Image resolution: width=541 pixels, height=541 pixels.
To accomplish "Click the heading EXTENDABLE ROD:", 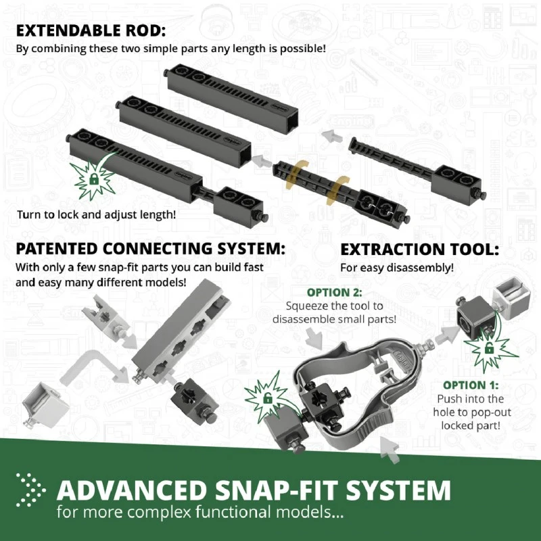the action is click(91, 30).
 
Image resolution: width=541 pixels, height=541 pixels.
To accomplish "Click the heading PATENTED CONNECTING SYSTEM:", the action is click(150, 249).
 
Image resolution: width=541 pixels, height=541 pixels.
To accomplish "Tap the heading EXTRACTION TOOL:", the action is click(419, 250).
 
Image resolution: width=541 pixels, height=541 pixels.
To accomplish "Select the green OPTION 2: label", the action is click(334, 293).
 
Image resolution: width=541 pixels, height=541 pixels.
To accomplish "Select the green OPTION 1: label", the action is click(471, 385).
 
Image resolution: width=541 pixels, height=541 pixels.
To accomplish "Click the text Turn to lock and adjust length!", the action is click(96, 214).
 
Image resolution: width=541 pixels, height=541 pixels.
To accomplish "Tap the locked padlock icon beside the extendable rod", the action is click(93, 179).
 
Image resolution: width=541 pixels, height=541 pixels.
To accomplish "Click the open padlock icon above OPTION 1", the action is click(489, 348).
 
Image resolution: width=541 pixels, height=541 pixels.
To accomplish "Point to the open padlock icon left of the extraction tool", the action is click(268, 398).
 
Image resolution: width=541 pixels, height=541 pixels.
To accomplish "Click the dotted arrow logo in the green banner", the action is click(30, 490).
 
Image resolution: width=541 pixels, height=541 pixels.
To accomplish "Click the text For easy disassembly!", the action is click(397, 268).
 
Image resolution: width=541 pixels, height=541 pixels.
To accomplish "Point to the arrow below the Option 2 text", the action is click(314, 337).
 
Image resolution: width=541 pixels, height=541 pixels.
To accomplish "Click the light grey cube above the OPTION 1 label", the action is click(512, 296).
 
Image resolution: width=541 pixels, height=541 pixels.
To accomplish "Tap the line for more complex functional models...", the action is click(200, 512).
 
